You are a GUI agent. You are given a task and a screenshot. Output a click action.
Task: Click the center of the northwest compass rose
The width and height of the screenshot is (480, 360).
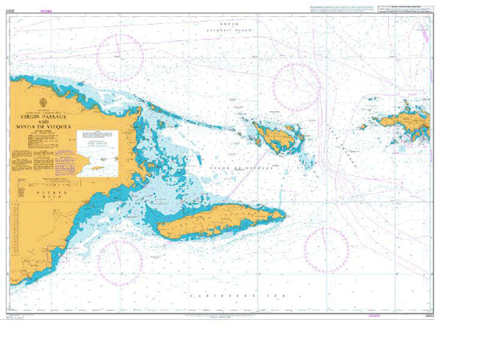120,57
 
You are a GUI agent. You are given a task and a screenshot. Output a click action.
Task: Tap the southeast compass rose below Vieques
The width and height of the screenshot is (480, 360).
326,250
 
